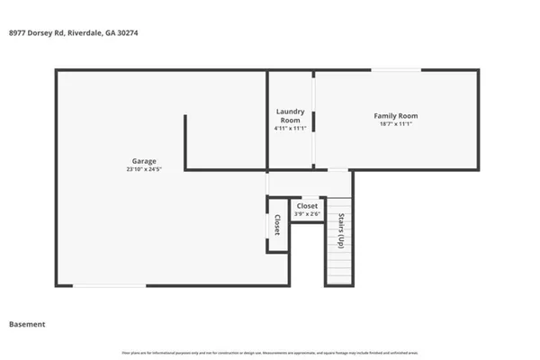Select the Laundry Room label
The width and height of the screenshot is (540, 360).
(x=289, y=115)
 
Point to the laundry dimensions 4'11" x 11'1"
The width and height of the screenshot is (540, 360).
(x=289, y=128)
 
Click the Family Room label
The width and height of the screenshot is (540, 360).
(x=395, y=115)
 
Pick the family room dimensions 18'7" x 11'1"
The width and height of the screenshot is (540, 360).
(x=395, y=124)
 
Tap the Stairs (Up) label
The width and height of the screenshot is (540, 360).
(x=341, y=231)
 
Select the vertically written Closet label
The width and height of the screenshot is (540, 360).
(x=277, y=225)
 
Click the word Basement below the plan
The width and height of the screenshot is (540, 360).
(x=27, y=324)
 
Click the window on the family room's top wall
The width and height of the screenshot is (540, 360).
(x=396, y=70)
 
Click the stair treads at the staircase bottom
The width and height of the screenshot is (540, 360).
(x=337, y=270)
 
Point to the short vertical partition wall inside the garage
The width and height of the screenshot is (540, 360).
(x=185, y=141)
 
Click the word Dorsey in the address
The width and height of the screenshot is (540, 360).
(x=43, y=33)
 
